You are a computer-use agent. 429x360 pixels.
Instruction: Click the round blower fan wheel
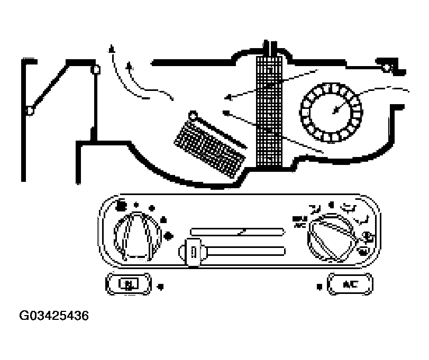331,112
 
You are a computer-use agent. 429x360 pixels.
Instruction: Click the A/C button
350,284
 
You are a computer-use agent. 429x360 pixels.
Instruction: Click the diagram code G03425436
54,317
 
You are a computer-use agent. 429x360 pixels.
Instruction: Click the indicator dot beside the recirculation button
161,287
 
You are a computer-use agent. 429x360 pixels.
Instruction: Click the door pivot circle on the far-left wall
30,110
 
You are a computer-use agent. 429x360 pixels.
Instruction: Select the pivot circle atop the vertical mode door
96,69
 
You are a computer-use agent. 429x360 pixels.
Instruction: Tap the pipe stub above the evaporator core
270,47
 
